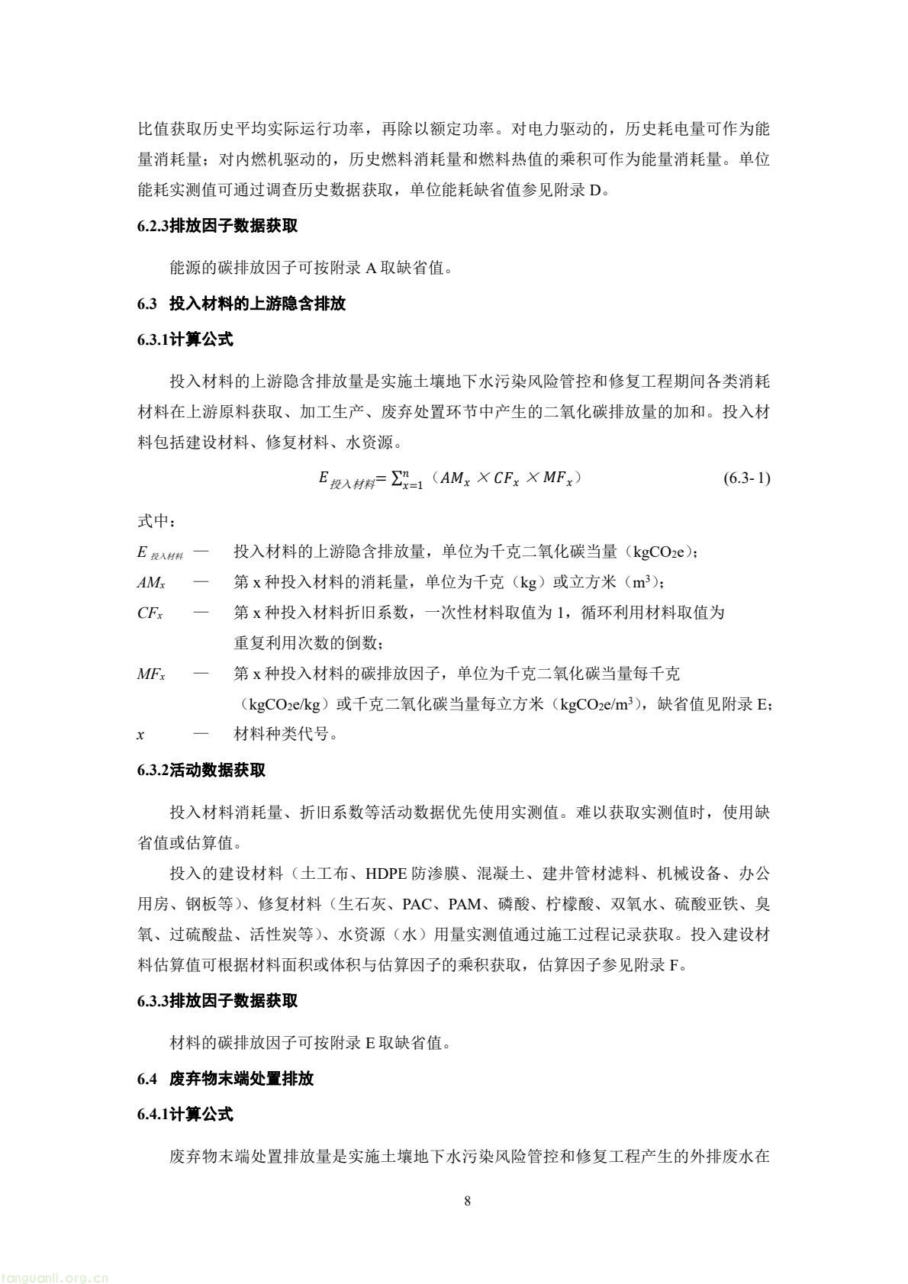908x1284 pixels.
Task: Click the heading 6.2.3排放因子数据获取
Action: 217,227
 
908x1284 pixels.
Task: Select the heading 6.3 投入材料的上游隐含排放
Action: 241,304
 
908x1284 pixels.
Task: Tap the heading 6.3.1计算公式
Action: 185,340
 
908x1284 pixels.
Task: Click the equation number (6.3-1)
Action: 746,478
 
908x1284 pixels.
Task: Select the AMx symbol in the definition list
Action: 151,583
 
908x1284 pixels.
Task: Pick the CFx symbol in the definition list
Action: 150,613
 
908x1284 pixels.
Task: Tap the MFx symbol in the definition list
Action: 151,674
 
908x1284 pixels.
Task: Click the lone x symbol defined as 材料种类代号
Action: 141,735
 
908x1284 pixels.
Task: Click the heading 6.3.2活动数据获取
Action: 201,770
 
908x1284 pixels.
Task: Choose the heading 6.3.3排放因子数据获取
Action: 217,1000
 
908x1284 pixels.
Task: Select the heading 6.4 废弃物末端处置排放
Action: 225,1079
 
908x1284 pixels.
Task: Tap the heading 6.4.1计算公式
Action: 185,1114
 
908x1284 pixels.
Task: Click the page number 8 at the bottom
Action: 467,1202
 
